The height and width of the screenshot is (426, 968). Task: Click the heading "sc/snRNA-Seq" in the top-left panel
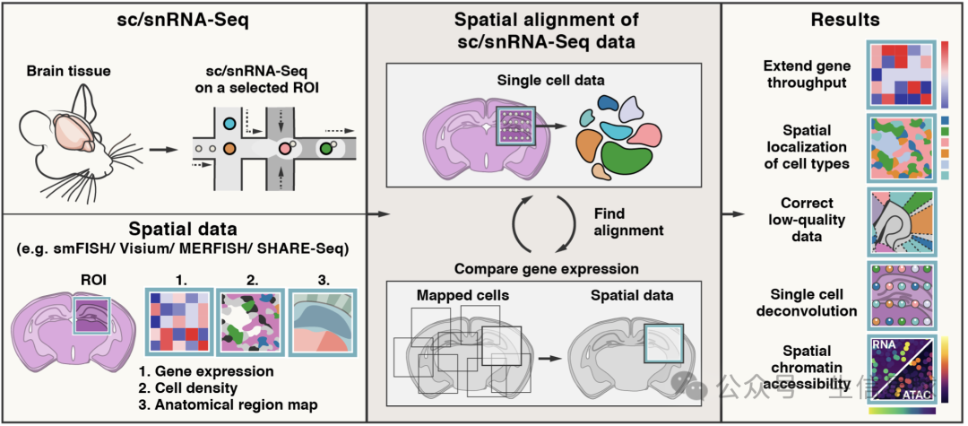[x=183, y=20]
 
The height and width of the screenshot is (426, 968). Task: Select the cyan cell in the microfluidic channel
[x=229, y=123]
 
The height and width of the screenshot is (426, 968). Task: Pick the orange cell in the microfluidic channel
[x=229, y=146]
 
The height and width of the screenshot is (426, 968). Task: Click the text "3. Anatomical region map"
[x=229, y=404]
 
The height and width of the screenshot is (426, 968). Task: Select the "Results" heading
[x=843, y=20]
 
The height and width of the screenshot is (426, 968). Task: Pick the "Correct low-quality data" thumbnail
[x=901, y=224]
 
